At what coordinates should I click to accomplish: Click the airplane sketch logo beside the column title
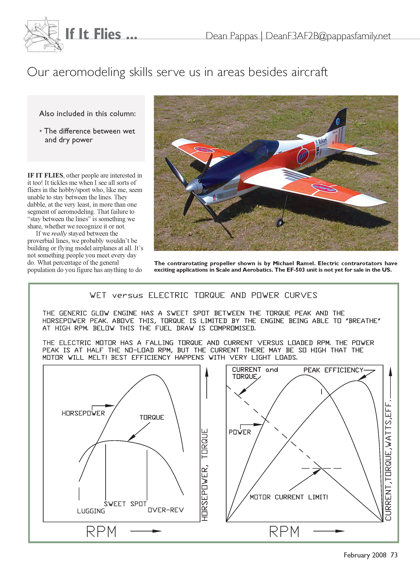click(43, 35)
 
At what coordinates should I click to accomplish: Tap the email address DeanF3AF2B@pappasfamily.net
click(328, 36)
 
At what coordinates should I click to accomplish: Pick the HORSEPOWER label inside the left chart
click(83, 413)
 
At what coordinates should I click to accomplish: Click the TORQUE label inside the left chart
click(152, 417)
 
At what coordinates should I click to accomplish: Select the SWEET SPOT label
click(125, 504)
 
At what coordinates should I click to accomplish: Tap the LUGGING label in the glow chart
click(91, 511)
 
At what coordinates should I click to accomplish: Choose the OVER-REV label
click(166, 510)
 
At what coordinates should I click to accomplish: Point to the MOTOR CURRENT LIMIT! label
click(289, 497)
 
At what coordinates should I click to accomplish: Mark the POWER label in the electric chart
click(240, 432)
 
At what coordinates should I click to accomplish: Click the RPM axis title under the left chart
click(101, 532)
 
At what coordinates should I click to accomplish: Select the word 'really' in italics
click(59, 233)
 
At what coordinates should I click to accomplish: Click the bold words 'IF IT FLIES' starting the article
click(45, 175)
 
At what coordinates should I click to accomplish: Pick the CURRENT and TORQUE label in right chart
click(254, 373)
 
